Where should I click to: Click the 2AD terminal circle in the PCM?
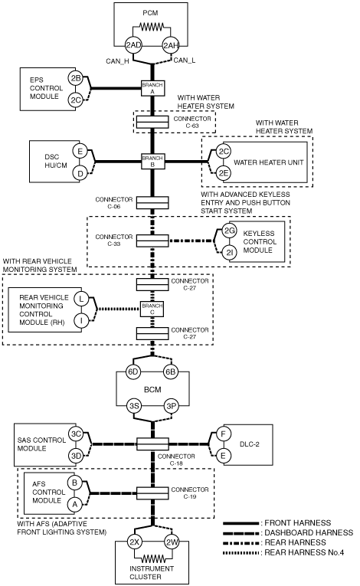[x=133, y=46]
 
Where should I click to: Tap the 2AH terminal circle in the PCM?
[x=171, y=46]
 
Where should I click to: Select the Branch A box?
[x=152, y=88]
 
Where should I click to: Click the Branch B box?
[x=152, y=162]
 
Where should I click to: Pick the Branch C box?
[x=152, y=309]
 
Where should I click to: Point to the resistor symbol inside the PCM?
[x=152, y=27]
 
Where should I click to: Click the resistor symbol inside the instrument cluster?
[x=153, y=558]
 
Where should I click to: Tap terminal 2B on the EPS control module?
[x=76, y=78]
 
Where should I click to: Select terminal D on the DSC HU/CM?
[x=80, y=173]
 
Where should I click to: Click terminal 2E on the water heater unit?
[x=224, y=172]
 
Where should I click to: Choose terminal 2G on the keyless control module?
[x=229, y=231]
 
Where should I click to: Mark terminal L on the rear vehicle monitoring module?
[x=81, y=299]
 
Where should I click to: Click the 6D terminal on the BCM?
[x=133, y=372]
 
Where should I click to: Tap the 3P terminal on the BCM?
[x=171, y=406]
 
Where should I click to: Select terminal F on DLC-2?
[x=224, y=434]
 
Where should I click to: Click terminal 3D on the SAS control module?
[x=76, y=456]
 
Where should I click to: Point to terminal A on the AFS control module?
[x=75, y=505]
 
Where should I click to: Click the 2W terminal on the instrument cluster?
[x=172, y=542]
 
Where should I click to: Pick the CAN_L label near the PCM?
[x=185, y=61]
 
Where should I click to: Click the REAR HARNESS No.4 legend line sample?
[x=241, y=552]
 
